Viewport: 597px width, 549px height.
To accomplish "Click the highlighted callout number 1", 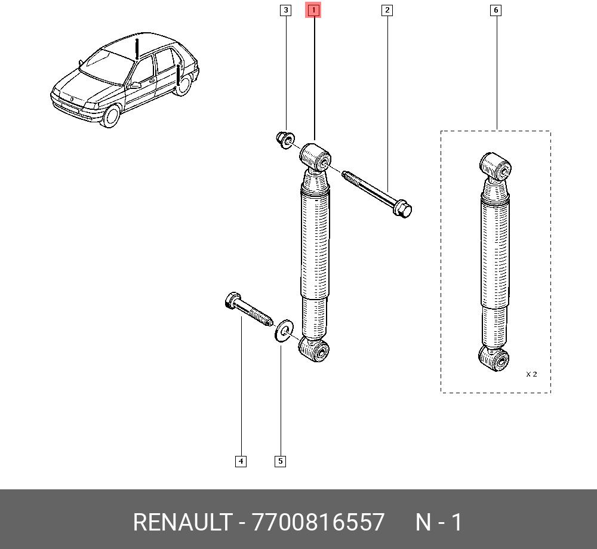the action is [x=313, y=10].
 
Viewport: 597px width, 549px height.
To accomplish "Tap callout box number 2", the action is [x=387, y=10].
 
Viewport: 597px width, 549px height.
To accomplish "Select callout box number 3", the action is [x=285, y=10].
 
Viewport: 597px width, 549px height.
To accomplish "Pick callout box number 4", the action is [x=241, y=461].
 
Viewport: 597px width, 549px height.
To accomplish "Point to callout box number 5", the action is [x=280, y=461].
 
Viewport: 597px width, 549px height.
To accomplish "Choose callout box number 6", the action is [x=496, y=10].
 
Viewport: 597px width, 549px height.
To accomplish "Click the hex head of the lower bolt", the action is [x=231, y=300].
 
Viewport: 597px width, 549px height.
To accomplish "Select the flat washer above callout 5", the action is [x=284, y=331].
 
